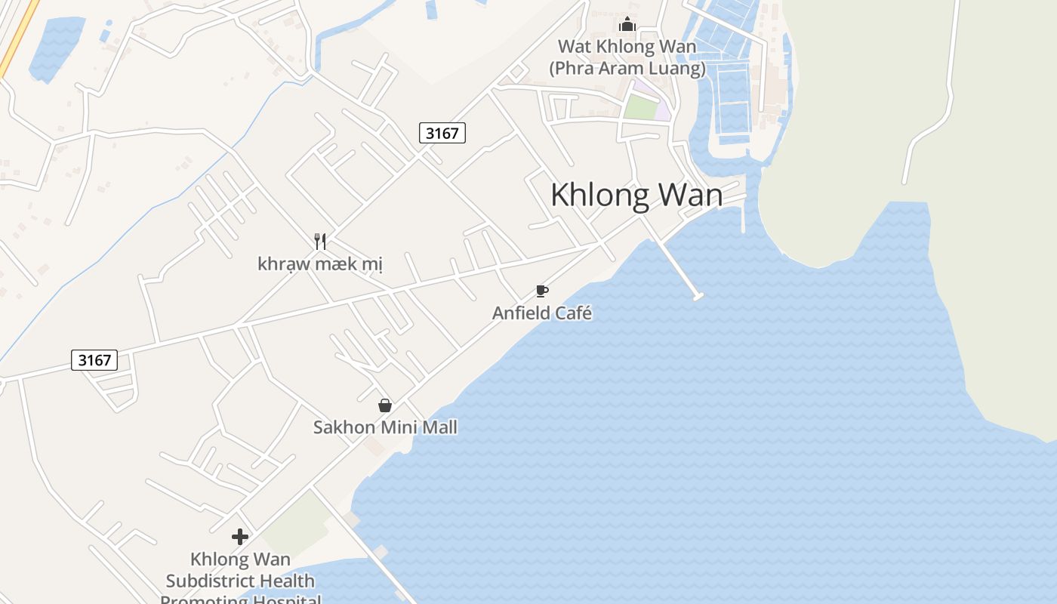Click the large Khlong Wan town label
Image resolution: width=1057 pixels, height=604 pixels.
(636, 195)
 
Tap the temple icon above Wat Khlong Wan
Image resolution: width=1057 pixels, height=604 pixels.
(627, 25)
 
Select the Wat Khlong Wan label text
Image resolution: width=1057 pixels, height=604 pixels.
(627, 47)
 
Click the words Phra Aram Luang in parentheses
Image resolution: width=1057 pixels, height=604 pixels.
(627, 69)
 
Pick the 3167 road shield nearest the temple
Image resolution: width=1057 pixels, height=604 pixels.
(442, 133)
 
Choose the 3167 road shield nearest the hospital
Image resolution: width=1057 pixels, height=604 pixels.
(94, 360)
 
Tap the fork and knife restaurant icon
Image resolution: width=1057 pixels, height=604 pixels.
(320, 242)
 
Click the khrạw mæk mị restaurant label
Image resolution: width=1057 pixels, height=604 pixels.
(320, 264)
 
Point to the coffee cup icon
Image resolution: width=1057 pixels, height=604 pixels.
(541, 291)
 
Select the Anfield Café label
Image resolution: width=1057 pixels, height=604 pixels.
(542, 313)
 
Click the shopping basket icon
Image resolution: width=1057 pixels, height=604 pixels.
(385, 405)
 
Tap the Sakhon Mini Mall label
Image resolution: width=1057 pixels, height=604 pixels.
(385, 427)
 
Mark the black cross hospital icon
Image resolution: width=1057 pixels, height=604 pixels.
(240, 537)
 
